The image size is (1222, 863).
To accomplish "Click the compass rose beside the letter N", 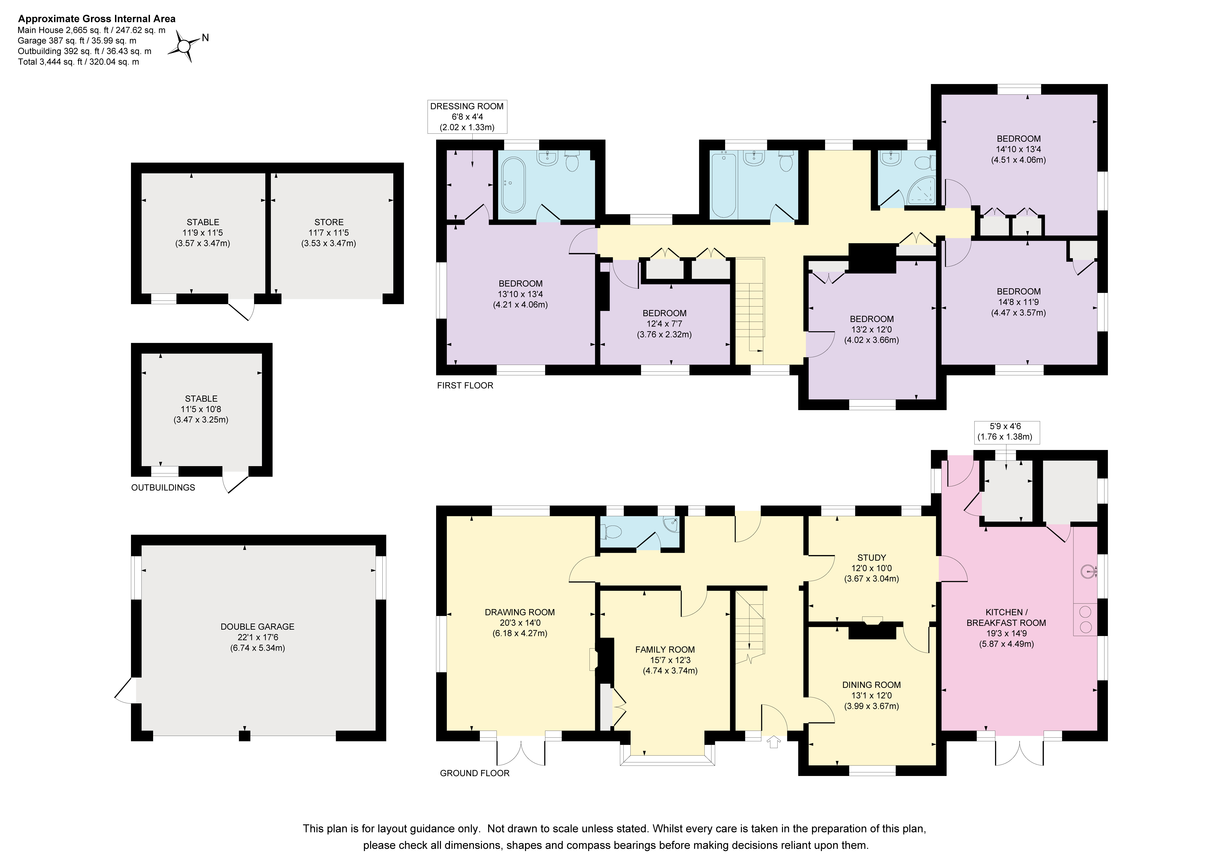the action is click(x=184, y=47).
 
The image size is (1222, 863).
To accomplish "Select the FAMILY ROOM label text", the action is click(x=665, y=650).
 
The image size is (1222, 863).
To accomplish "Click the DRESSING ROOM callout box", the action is click(x=467, y=117).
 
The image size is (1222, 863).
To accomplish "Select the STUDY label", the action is click(x=871, y=558).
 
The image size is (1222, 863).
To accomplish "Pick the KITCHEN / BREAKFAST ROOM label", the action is click(x=1006, y=618).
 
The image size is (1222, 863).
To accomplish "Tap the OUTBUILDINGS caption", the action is click(x=163, y=487).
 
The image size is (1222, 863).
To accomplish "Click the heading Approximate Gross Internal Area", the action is click(x=97, y=19).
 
